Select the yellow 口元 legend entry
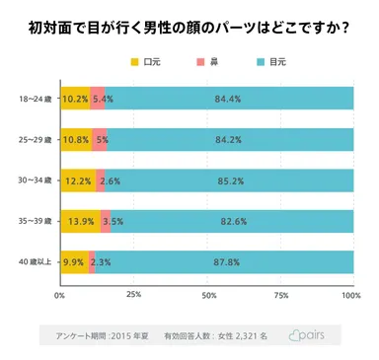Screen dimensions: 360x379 pos(143,61)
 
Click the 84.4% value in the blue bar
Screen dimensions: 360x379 pos(228,99)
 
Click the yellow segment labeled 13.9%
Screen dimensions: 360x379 pos(79,221)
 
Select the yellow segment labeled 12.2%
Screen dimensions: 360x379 pos(77,180)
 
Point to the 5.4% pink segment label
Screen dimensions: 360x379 pos(103,99)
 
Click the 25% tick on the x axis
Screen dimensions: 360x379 pos(133,295)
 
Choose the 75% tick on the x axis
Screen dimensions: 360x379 pos(280,295)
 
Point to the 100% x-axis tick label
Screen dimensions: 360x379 pos(350,295)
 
